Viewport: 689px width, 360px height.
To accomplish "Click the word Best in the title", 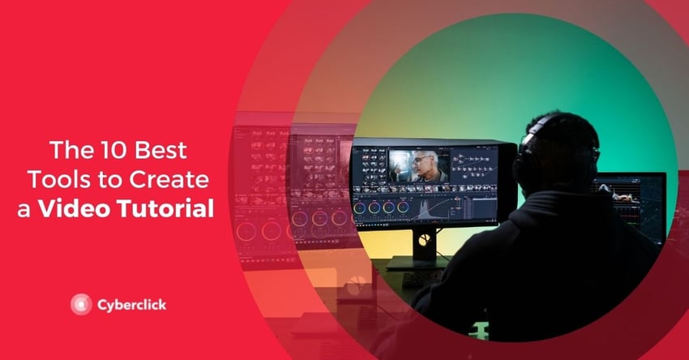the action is (x=160, y=150).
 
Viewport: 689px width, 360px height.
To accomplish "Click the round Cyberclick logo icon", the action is (x=81, y=304).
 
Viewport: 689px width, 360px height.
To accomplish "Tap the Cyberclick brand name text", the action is (x=132, y=305).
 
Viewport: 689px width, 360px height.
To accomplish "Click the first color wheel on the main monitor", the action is (x=360, y=208).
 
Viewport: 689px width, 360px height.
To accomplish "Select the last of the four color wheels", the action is (x=403, y=208).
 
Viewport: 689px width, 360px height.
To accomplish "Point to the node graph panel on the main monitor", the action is (x=473, y=165).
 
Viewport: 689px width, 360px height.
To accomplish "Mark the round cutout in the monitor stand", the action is (x=425, y=240).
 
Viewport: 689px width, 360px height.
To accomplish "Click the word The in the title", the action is (x=71, y=150).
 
